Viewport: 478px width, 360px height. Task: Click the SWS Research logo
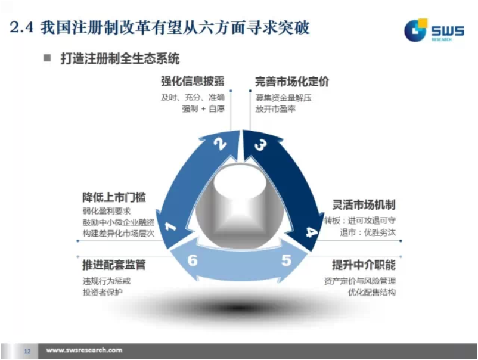click(x=434, y=30)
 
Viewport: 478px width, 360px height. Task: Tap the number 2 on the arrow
click(x=220, y=144)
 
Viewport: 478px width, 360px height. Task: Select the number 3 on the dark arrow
click(x=260, y=145)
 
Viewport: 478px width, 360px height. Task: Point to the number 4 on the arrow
click(x=311, y=232)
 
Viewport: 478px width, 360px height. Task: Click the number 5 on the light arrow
click(x=286, y=260)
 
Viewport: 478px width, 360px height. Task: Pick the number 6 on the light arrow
click(x=193, y=260)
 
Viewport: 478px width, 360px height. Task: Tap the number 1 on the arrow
click(x=170, y=227)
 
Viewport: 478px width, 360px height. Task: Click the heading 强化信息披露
click(x=193, y=81)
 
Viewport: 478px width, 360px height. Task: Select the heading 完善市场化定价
click(x=292, y=82)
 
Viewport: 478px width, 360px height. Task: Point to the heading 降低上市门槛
click(x=114, y=197)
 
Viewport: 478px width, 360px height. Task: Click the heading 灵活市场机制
click(x=364, y=204)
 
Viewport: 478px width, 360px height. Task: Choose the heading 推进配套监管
click(x=114, y=265)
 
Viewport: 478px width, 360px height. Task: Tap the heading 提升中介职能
click(x=364, y=265)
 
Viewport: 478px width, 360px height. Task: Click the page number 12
click(x=27, y=351)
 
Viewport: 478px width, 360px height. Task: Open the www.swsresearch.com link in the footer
click(x=84, y=350)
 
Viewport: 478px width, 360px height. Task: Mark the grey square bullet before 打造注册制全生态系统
click(x=47, y=58)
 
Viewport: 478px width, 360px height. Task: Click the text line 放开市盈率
click(x=275, y=109)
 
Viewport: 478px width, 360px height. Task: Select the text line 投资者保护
click(x=103, y=292)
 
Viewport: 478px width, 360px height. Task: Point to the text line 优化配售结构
click(x=372, y=292)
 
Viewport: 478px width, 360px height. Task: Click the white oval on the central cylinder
click(x=240, y=182)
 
